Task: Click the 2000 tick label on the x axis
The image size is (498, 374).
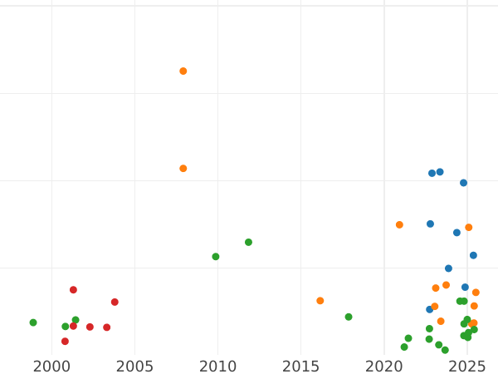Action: coord(51,366)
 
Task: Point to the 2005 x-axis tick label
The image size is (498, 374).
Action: coord(134,366)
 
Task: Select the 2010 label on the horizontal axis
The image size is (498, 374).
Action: coord(217,366)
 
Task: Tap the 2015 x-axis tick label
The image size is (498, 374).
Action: coord(300,366)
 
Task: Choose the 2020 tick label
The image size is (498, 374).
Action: coord(383,366)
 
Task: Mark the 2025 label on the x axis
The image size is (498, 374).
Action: coord(466,366)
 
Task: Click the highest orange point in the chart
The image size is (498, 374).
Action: coord(183,71)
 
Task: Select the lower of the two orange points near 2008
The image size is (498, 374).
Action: coord(183,169)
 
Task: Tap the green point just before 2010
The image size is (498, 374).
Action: coord(216,257)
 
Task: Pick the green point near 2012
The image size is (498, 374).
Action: coord(248,243)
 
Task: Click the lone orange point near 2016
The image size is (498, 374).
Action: coord(320,301)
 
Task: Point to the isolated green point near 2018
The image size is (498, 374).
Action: coord(349,317)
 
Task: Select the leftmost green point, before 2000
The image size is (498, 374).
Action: coord(33,322)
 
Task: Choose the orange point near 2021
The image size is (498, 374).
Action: coord(399,225)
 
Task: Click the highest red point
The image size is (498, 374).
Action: coord(73,290)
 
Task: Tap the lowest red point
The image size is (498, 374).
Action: coord(65,342)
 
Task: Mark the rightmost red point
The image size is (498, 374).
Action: coord(115,303)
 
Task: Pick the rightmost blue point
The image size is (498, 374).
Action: coord(473,256)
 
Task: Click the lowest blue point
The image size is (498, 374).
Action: coord(430,309)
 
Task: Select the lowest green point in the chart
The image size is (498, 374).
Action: coord(445,350)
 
